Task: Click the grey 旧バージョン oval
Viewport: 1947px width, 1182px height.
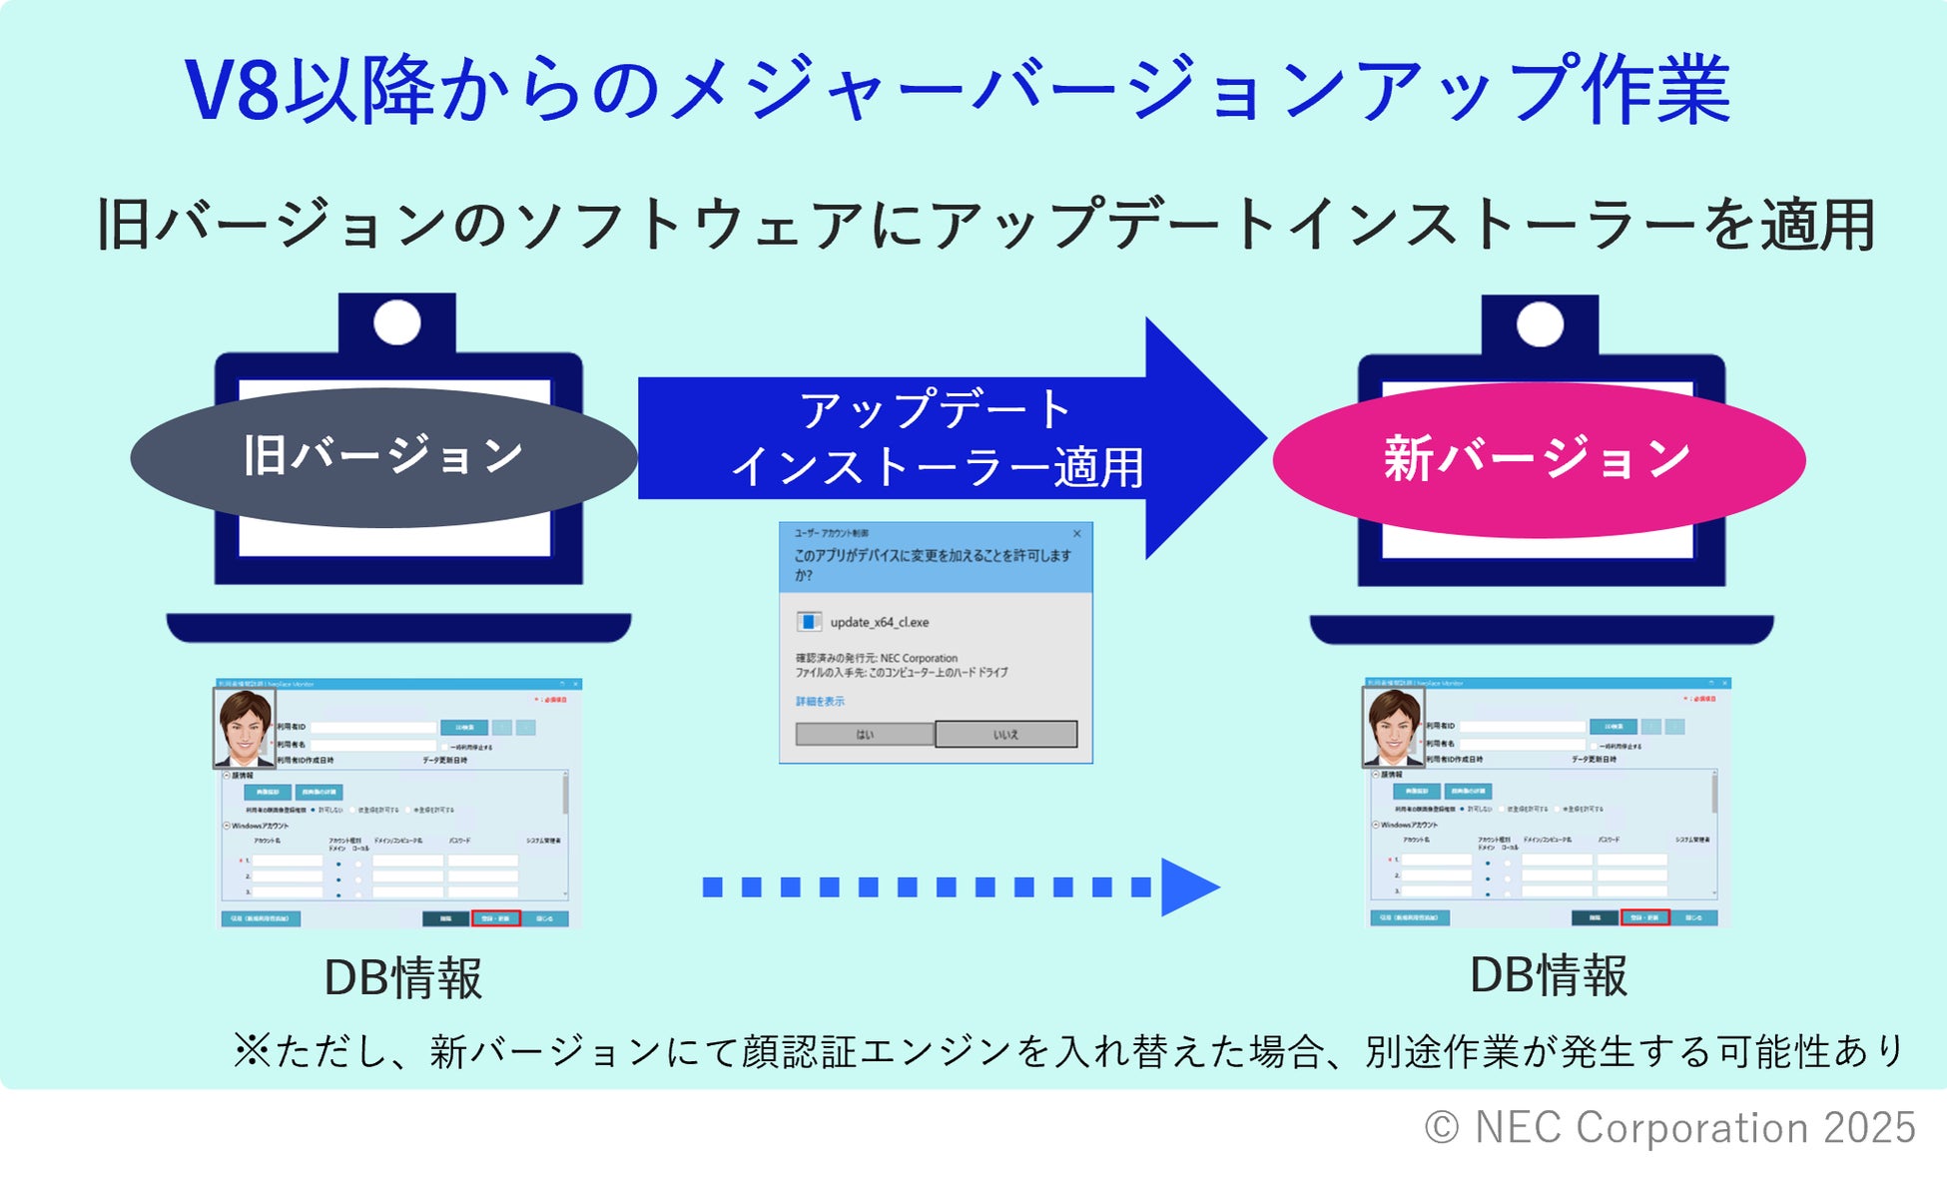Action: [383, 457]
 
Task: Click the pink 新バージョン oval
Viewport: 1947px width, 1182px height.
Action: [1538, 459]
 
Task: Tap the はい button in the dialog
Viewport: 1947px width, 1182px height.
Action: [865, 735]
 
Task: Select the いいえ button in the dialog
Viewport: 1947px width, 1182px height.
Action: [1005, 735]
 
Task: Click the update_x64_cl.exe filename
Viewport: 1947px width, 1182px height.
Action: [879, 622]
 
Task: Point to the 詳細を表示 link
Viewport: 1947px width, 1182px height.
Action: [820, 701]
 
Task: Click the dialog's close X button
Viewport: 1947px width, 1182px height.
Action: [1076, 533]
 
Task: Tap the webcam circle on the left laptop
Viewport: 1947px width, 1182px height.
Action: [396, 322]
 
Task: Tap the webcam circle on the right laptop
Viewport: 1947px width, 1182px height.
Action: [1540, 324]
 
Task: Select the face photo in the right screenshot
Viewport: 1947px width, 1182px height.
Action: [1393, 727]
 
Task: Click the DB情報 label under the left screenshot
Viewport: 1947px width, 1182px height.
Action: [403, 977]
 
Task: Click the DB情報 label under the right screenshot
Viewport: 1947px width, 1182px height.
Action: [1548, 975]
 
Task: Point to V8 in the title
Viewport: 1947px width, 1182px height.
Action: [232, 91]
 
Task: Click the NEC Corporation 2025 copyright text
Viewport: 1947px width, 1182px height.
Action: [1669, 1128]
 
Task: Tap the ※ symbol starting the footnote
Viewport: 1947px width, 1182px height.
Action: [252, 1050]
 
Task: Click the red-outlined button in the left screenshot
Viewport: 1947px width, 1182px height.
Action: [495, 918]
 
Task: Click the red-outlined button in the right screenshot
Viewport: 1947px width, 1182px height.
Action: [1643, 917]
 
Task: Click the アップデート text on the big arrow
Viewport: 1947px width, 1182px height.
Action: [936, 410]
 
